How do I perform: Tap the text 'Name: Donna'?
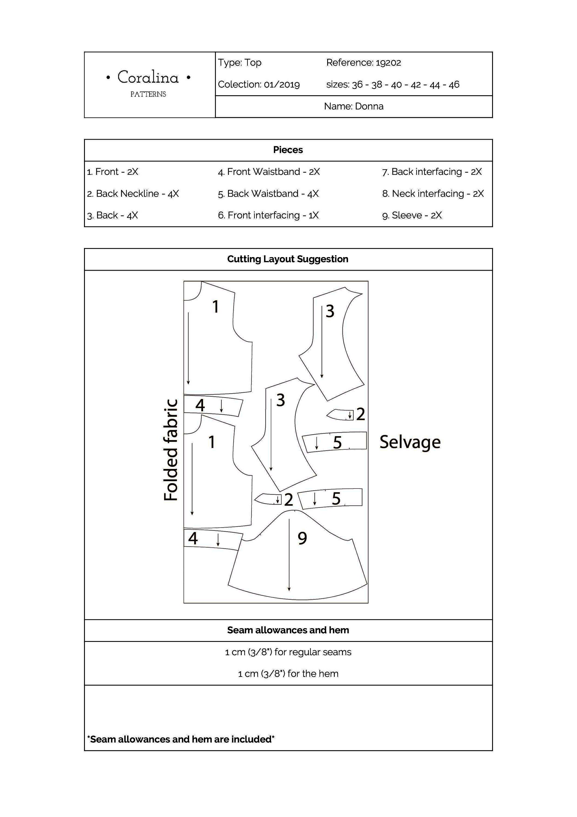[x=354, y=106]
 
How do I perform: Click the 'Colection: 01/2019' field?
[x=259, y=84]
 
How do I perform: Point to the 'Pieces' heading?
[x=288, y=150]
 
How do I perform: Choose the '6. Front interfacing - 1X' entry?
[x=268, y=215]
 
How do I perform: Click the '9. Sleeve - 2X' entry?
[x=412, y=215]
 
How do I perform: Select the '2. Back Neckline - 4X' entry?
[x=133, y=194]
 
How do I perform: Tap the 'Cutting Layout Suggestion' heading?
[x=288, y=259]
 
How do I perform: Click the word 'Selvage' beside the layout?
[x=410, y=442]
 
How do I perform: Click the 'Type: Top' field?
[x=240, y=63]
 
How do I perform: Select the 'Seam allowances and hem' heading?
[x=288, y=630]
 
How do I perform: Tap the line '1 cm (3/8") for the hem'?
[x=288, y=673]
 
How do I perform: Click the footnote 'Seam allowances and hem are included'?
[x=181, y=739]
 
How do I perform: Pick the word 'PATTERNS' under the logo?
[x=148, y=94]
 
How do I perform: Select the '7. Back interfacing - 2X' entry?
[x=432, y=172]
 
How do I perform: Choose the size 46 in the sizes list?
[x=454, y=85]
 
